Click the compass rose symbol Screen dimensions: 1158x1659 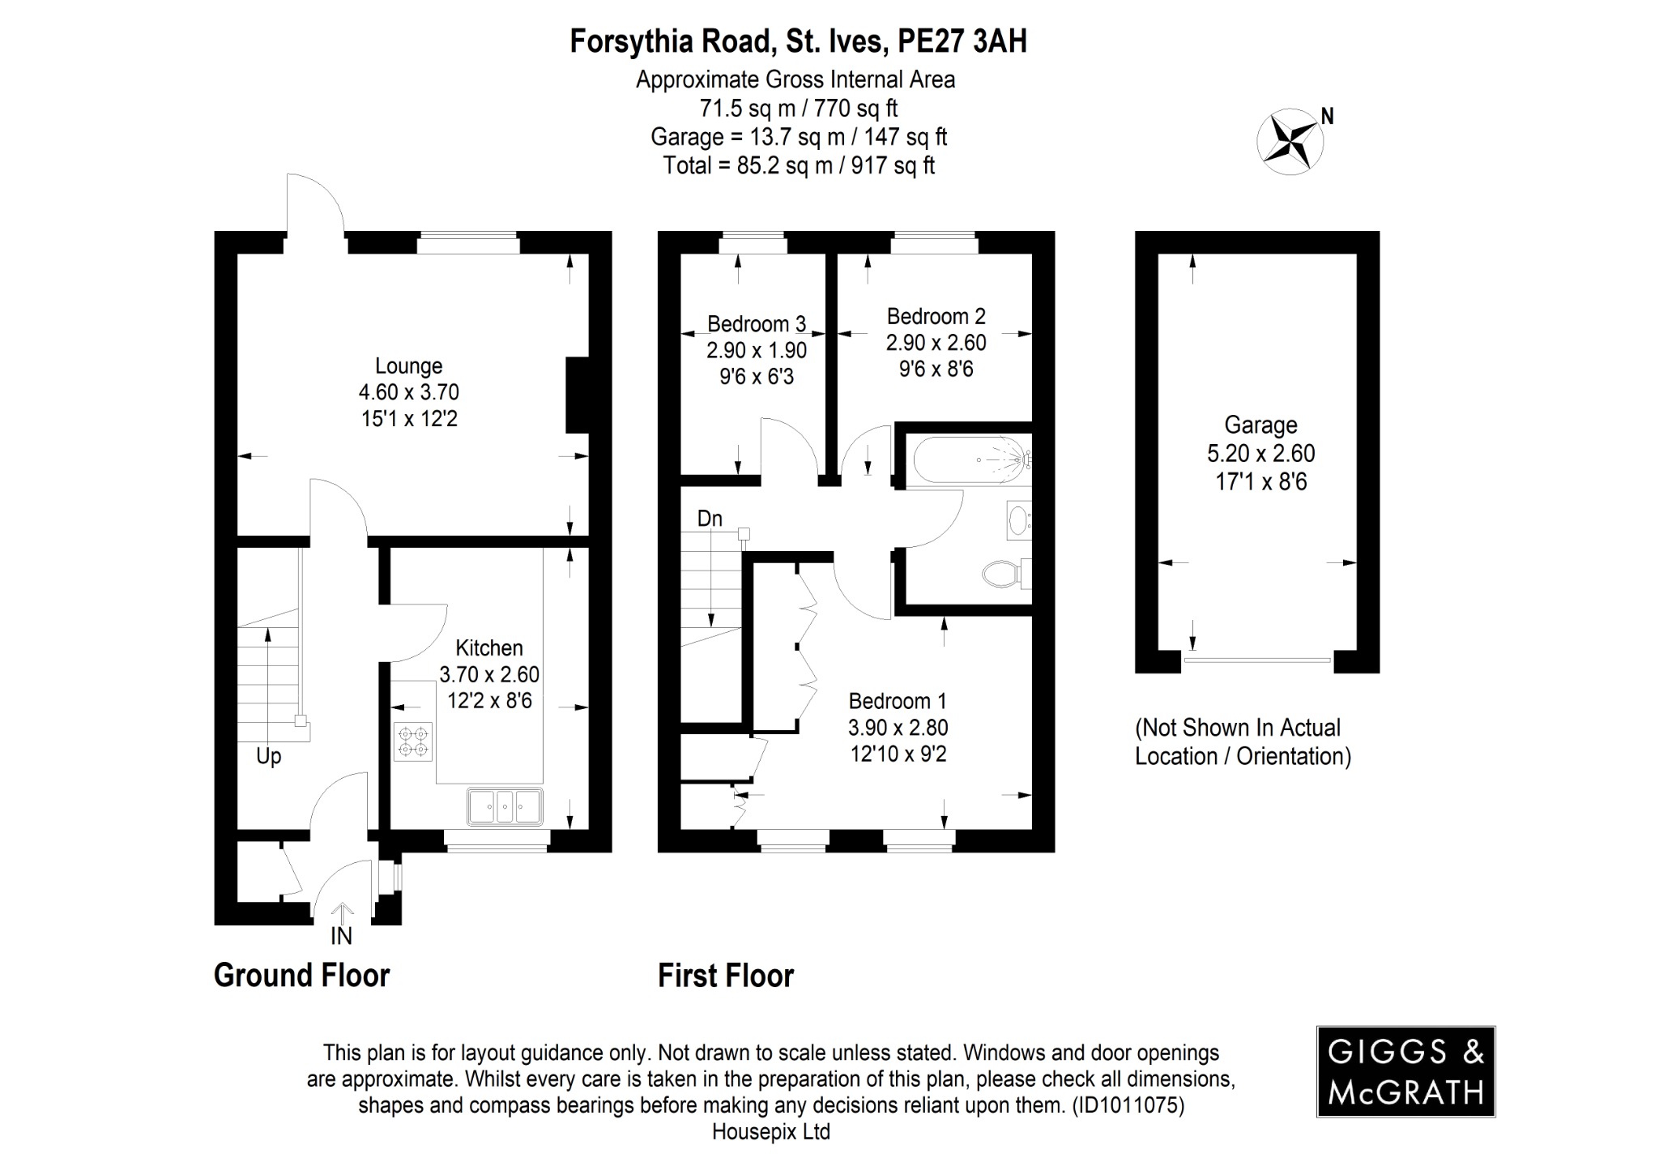[x=1290, y=141]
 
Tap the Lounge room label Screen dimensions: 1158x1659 [x=408, y=366]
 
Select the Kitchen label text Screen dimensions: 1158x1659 [x=488, y=647]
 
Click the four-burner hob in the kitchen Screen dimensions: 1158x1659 [x=413, y=741]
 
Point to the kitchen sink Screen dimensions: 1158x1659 [x=505, y=805]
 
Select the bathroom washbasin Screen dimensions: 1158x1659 [x=1017, y=520]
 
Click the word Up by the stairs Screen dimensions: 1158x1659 [x=268, y=756]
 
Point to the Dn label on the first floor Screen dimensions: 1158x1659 [x=710, y=519]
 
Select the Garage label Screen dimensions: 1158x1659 [x=1260, y=425]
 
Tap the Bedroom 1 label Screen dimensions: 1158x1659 [x=898, y=701]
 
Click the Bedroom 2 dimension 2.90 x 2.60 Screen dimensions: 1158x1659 [x=936, y=343]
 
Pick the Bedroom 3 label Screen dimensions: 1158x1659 [x=756, y=324]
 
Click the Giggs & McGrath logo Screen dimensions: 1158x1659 [x=1405, y=1071]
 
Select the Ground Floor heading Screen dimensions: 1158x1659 [x=301, y=975]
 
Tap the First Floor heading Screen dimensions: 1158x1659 [x=725, y=975]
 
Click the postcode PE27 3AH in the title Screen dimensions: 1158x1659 [x=962, y=41]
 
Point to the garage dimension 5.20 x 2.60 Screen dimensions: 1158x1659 [x=1260, y=453]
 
